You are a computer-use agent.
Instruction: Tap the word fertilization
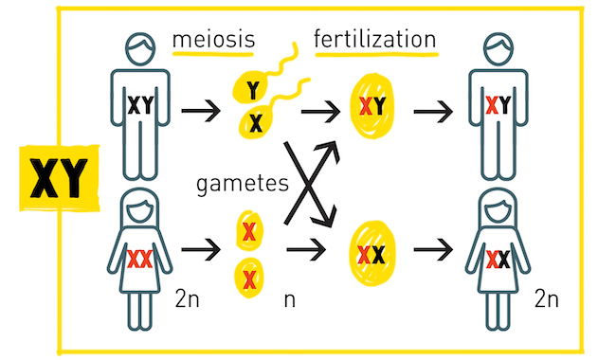coord(375,40)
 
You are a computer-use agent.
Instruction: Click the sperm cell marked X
coord(255,120)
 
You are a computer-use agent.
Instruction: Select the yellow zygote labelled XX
coord(371,252)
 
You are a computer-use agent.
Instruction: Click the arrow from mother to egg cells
coord(198,254)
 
